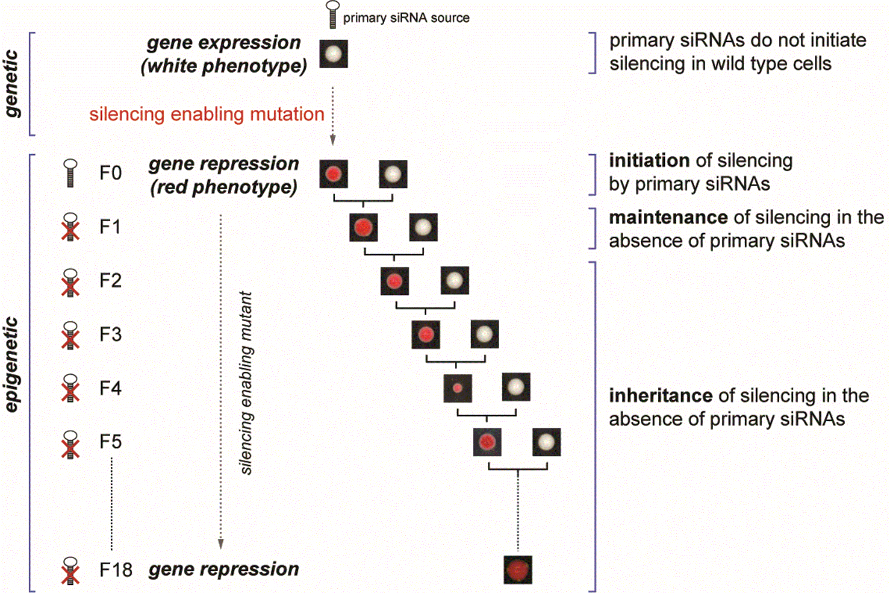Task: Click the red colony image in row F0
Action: click(x=333, y=174)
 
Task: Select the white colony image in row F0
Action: click(x=393, y=174)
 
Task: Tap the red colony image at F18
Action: click(x=518, y=570)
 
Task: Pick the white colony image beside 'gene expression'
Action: click(x=333, y=54)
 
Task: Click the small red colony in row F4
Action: click(x=457, y=388)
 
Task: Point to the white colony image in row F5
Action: click(x=546, y=442)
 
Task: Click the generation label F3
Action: click(x=110, y=334)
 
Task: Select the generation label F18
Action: click(x=115, y=570)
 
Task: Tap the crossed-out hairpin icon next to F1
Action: click(x=70, y=227)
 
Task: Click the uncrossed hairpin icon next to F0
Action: click(x=70, y=173)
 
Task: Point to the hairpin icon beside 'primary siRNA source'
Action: click(x=333, y=15)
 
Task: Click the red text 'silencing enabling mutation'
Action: click(x=207, y=114)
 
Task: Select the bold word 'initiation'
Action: click(x=649, y=161)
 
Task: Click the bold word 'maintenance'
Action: click(x=668, y=217)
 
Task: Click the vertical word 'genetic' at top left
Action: click(x=13, y=84)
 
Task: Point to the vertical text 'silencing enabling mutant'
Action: click(x=246, y=383)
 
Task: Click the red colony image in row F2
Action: click(x=395, y=281)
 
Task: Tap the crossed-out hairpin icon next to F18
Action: click(x=70, y=570)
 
